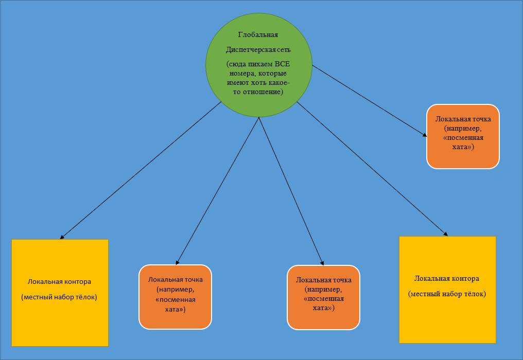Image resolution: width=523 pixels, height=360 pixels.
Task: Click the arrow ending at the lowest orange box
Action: (291, 190)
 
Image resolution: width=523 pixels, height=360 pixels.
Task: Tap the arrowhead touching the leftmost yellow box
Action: (62, 237)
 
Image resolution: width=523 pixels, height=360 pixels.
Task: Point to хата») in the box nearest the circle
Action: (463, 147)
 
